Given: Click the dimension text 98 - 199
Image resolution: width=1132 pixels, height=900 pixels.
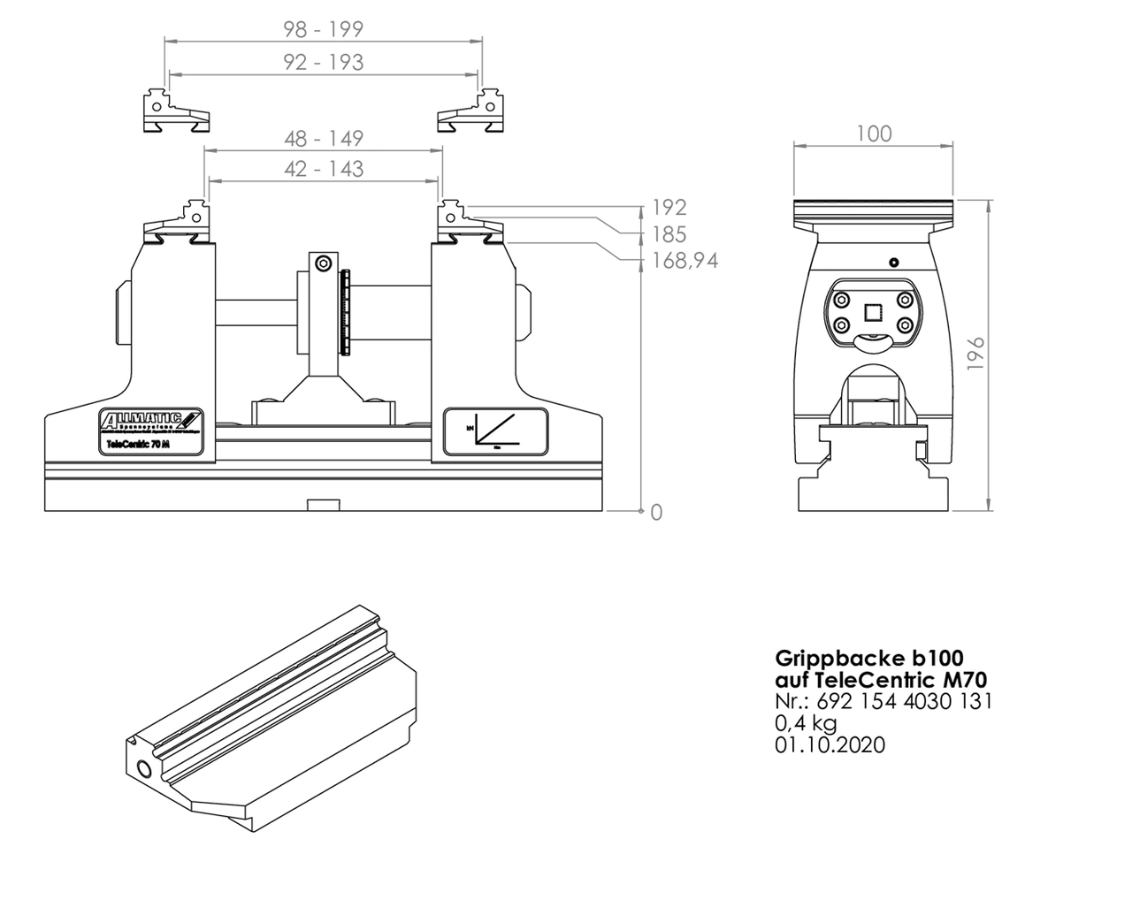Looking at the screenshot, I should (x=323, y=29).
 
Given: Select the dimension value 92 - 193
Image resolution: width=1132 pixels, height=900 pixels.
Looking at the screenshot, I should (x=323, y=62).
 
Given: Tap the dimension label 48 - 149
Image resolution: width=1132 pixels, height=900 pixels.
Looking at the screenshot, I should (x=323, y=139).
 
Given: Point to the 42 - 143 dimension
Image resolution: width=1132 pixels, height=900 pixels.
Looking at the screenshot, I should (x=323, y=168).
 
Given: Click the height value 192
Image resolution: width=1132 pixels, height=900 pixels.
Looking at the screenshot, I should (x=669, y=208).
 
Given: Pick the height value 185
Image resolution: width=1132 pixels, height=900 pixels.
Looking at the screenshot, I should (x=669, y=234).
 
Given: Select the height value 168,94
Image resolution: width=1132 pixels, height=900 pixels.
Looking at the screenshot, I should (x=685, y=261).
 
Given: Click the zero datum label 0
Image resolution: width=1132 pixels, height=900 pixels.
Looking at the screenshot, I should (x=655, y=512).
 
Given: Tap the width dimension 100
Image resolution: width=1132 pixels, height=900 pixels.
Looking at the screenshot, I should (x=874, y=133).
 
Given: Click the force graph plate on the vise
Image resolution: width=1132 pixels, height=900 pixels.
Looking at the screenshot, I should (x=495, y=431).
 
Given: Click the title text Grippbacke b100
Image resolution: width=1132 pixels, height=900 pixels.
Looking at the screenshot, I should (x=868, y=659).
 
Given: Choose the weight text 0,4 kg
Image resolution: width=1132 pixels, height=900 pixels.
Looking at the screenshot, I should (x=806, y=722).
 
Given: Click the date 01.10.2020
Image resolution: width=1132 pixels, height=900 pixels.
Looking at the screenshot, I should (x=830, y=744).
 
